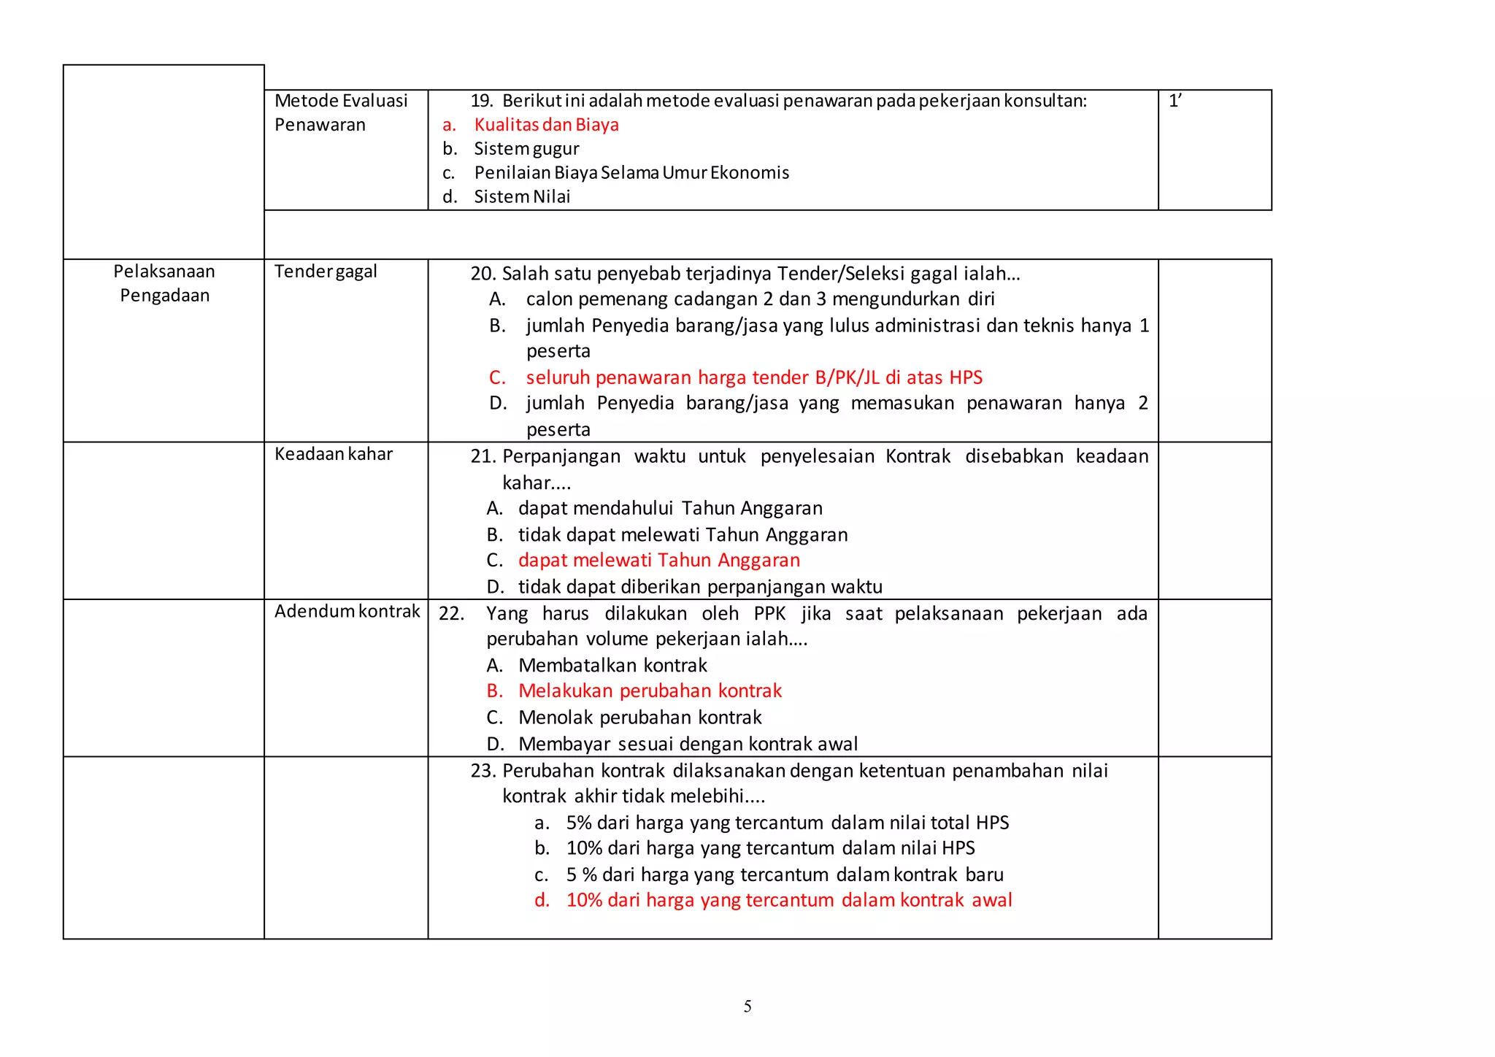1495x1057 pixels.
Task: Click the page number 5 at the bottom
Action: pos(747,1007)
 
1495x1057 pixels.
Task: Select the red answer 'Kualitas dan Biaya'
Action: pos(546,125)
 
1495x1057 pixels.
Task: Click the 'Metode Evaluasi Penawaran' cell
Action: pos(340,112)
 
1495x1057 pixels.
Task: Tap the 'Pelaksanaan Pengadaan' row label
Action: pos(164,283)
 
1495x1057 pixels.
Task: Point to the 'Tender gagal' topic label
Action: pos(326,272)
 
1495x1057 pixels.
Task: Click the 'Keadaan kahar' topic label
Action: pos(333,454)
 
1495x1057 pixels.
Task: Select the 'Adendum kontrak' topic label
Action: pos(347,611)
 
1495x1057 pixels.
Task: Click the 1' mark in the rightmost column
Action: pos(1175,101)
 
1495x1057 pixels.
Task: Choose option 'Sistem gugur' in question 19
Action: pos(526,149)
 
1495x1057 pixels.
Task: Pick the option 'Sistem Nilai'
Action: pos(522,197)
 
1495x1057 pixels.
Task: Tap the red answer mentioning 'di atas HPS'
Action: pos(753,377)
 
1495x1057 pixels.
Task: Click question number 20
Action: pos(483,274)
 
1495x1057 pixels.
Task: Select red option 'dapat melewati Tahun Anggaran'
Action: pos(658,561)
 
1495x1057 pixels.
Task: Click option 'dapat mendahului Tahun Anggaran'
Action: pos(669,508)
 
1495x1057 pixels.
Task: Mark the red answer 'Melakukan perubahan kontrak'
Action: pos(650,691)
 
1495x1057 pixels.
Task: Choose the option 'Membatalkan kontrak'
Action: pos(612,665)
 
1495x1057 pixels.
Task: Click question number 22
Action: pos(451,613)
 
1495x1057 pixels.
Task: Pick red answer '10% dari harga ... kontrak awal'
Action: pos(788,900)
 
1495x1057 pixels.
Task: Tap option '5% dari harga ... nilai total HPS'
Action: pos(787,823)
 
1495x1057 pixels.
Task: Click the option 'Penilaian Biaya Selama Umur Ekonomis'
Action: pos(631,173)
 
